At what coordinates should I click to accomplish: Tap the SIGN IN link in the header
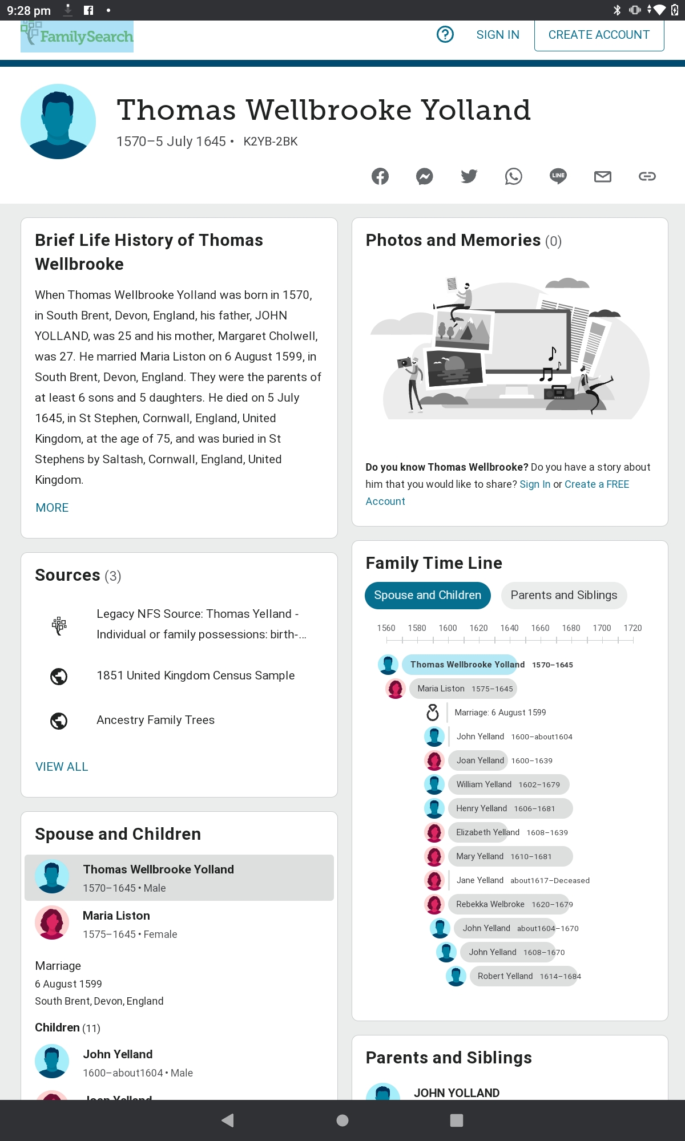(498, 35)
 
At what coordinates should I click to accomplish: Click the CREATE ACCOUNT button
(599, 35)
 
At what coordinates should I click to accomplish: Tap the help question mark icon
(445, 35)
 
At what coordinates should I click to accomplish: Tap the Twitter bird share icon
(469, 176)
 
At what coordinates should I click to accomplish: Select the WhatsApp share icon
(513, 176)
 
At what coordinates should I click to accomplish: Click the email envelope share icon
(602, 176)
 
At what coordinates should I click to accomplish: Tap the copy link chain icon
(647, 176)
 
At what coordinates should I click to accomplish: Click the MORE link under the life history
(52, 508)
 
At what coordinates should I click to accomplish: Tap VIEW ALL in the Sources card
(62, 767)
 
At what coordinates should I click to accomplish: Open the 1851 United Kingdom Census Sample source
(195, 675)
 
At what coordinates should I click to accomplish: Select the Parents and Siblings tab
(563, 595)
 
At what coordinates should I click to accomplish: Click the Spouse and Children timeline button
(428, 595)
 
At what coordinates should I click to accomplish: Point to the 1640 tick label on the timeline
(509, 628)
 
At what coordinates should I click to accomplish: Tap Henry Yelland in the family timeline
(481, 808)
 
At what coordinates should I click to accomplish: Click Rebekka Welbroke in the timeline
(490, 904)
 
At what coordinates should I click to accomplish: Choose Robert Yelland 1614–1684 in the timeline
(505, 976)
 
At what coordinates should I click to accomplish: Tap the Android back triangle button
(228, 1120)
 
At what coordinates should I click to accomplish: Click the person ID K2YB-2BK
(271, 141)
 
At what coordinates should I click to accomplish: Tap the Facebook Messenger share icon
(424, 176)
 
